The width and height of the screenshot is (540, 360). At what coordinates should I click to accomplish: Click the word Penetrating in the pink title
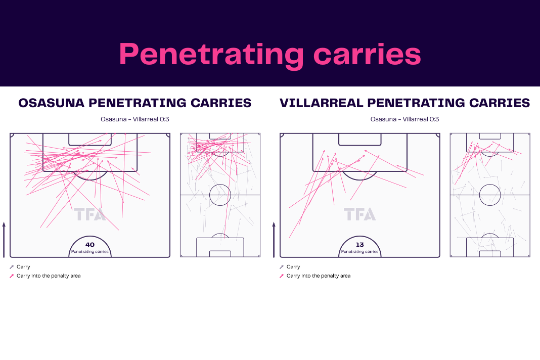(211, 55)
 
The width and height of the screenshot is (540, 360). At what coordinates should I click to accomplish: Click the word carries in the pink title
(367, 55)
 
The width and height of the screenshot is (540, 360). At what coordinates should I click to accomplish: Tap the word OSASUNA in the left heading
(51, 103)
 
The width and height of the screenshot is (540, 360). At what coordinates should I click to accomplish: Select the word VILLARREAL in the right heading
(321, 103)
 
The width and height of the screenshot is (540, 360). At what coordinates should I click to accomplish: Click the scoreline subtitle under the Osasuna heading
(135, 119)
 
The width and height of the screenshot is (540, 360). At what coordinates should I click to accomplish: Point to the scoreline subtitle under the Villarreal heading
(404, 119)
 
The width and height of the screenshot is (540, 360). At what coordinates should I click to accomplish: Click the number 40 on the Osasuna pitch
(90, 245)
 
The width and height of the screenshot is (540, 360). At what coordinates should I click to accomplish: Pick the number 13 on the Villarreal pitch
(360, 245)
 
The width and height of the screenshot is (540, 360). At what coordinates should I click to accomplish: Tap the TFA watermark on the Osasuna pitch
(90, 214)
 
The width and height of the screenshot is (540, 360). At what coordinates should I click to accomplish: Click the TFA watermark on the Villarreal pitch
(360, 214)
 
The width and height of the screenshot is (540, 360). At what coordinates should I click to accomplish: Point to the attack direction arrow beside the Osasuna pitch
(4, 240)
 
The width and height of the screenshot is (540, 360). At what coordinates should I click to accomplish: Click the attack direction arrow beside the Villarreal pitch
(274, 240)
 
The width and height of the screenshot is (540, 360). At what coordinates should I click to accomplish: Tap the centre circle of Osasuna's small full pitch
(220, 185)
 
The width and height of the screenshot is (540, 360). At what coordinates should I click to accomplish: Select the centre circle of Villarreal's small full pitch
(490, 185)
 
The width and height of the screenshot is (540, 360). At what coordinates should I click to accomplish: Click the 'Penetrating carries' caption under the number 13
(360, 251)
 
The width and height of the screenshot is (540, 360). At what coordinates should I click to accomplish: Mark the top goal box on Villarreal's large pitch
(360, 145)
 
